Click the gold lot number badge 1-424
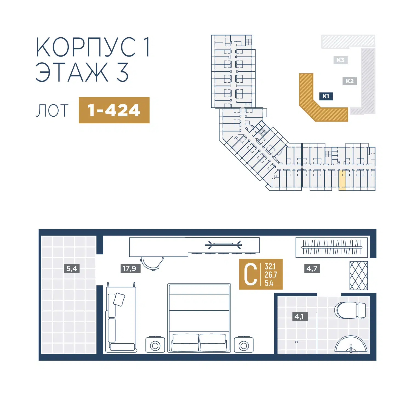(x=114, y=110)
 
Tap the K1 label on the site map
(x=326, y=96)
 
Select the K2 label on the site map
(x=350, y=81)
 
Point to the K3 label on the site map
(x=341, y=60)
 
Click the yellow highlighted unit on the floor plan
(x=342, y=180)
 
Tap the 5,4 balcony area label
(x=72, y=268)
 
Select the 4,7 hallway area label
(x=312, y=268)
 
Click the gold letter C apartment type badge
(x=261, y=274)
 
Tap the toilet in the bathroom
(x=350, y=310)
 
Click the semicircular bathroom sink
(x=351, y=344)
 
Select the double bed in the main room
(x=199, y=318)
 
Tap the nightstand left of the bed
(x=155, y=345)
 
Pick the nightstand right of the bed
(x=244, y=345)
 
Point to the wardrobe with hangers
(x=332, y=248)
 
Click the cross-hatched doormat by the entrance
(x=359, y=276)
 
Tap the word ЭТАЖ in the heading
(x=72, y=72)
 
